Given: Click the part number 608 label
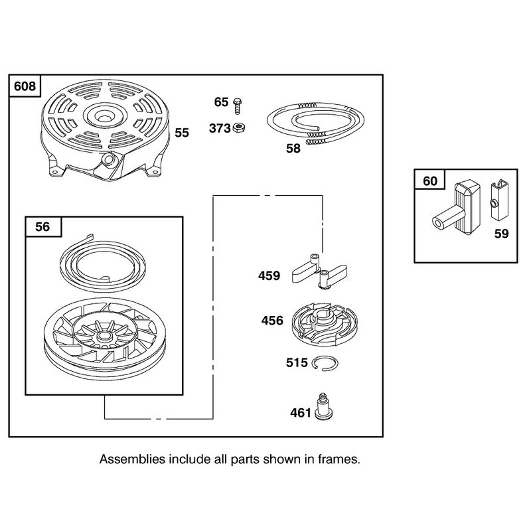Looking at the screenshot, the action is click(25, 86).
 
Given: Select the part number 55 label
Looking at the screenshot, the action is click(182, 133).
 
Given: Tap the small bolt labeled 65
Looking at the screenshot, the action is click(238, 106).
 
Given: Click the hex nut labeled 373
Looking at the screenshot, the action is click(239, 127).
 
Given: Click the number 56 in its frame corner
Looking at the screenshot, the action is click(42, 226).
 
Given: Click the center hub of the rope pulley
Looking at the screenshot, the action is click(105, 337).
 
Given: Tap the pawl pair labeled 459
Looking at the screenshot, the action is click(319, 271).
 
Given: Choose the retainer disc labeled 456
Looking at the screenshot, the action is click(325, 324).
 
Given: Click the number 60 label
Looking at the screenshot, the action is click(430, 181).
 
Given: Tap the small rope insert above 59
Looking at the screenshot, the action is click(499, 200).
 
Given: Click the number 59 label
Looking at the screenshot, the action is click(502, 234).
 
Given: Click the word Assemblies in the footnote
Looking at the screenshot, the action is click(132, 459).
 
